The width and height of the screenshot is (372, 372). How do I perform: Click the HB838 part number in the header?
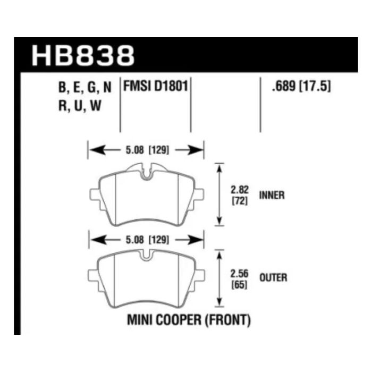(x=83, y=55)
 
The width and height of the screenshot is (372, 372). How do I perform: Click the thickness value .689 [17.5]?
(x=301, y=86)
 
